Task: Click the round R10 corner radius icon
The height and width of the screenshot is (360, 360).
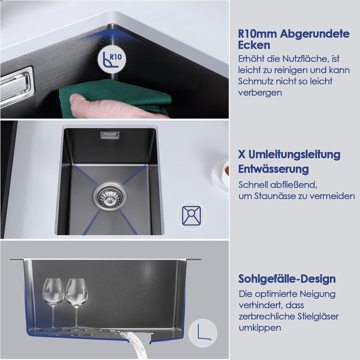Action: (x=112, y=59)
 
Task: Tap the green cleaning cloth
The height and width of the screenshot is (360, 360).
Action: (x=115, y=97)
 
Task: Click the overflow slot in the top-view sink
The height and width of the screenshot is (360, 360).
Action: (x=110, y=135)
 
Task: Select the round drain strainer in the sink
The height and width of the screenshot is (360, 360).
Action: (x=110, y=196)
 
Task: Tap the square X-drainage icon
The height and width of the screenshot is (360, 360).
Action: (x=191, y=215)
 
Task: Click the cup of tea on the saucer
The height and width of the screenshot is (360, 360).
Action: (x=225, y=174)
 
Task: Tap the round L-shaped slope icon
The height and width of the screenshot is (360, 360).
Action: (x=203, y=333)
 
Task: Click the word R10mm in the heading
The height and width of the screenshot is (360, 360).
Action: (x=257, y=34)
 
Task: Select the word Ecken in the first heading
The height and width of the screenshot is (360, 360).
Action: (x=254, y=45)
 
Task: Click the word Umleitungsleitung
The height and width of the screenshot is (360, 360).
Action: (x=294, y=155)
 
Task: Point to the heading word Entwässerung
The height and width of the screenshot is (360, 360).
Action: (x=273, y=170)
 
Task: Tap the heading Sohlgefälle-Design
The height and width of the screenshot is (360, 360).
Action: (x=287, y=279)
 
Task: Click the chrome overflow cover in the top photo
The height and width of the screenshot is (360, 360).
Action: (x=16, y=87)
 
